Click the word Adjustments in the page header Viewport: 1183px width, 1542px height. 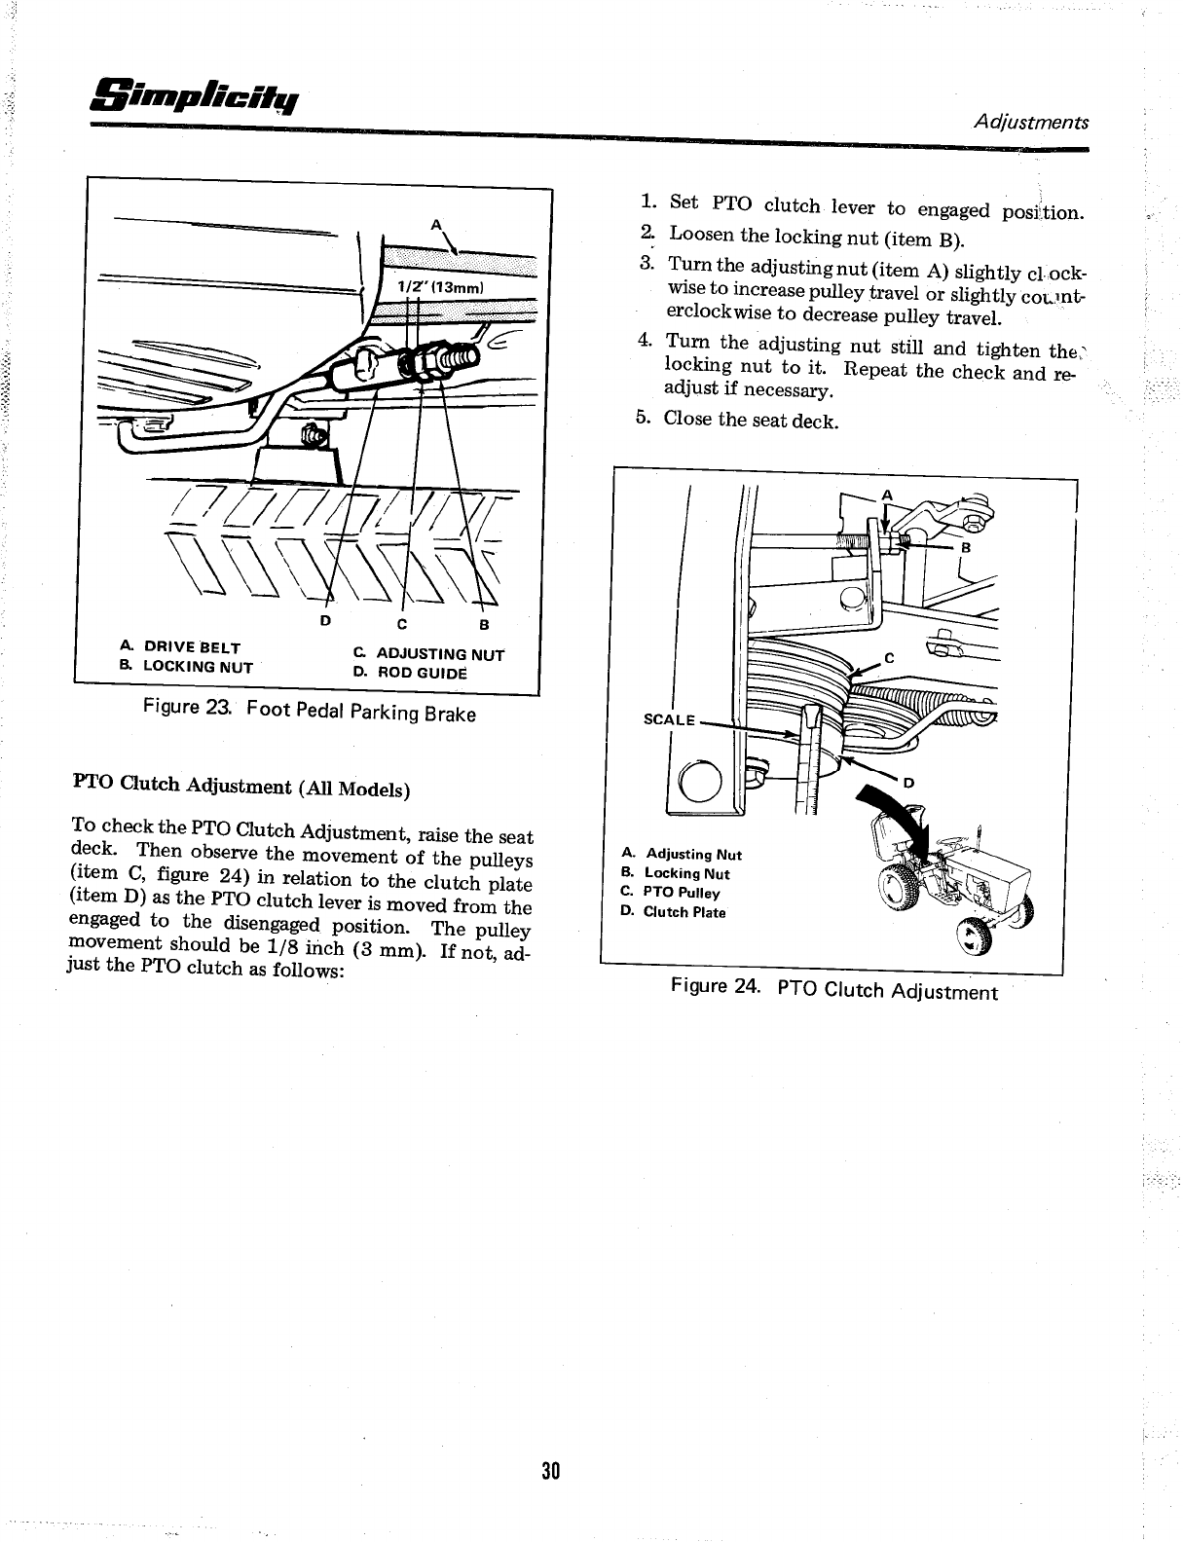pos(1031,123)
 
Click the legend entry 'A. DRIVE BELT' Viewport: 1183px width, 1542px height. pos(180,647)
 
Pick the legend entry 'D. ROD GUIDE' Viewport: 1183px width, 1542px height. pos(410,672)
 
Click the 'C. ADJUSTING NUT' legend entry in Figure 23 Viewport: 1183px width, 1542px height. pos(427,654)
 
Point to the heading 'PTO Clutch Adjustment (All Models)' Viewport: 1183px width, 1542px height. pos(241,787)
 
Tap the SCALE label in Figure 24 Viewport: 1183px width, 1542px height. pos(669,720)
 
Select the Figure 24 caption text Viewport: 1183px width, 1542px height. pos(834,989)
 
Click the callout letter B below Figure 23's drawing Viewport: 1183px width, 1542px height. pos(483,624)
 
